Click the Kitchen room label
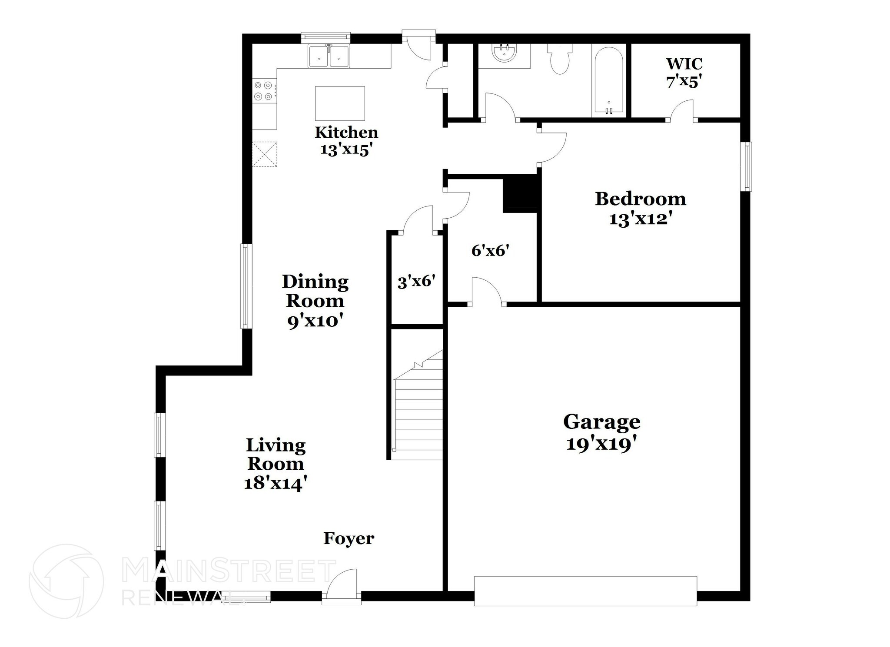[x=346, y=140]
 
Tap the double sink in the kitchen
[x=329, y=56]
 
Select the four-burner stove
[x=264, y=91]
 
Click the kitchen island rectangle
[x=340, y=103]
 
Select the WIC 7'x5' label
[x=684, y=72]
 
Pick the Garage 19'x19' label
[x=601, y=432]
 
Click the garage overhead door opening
[x=585, y=591]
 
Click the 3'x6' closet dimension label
[x=416, y=282]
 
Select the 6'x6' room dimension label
[x=490, y=250]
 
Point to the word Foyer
[x=349, y=538]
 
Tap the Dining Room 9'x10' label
[x=315, y=301]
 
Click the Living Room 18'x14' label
[x=276, y=464]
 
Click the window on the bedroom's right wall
[x=746, y=166]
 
